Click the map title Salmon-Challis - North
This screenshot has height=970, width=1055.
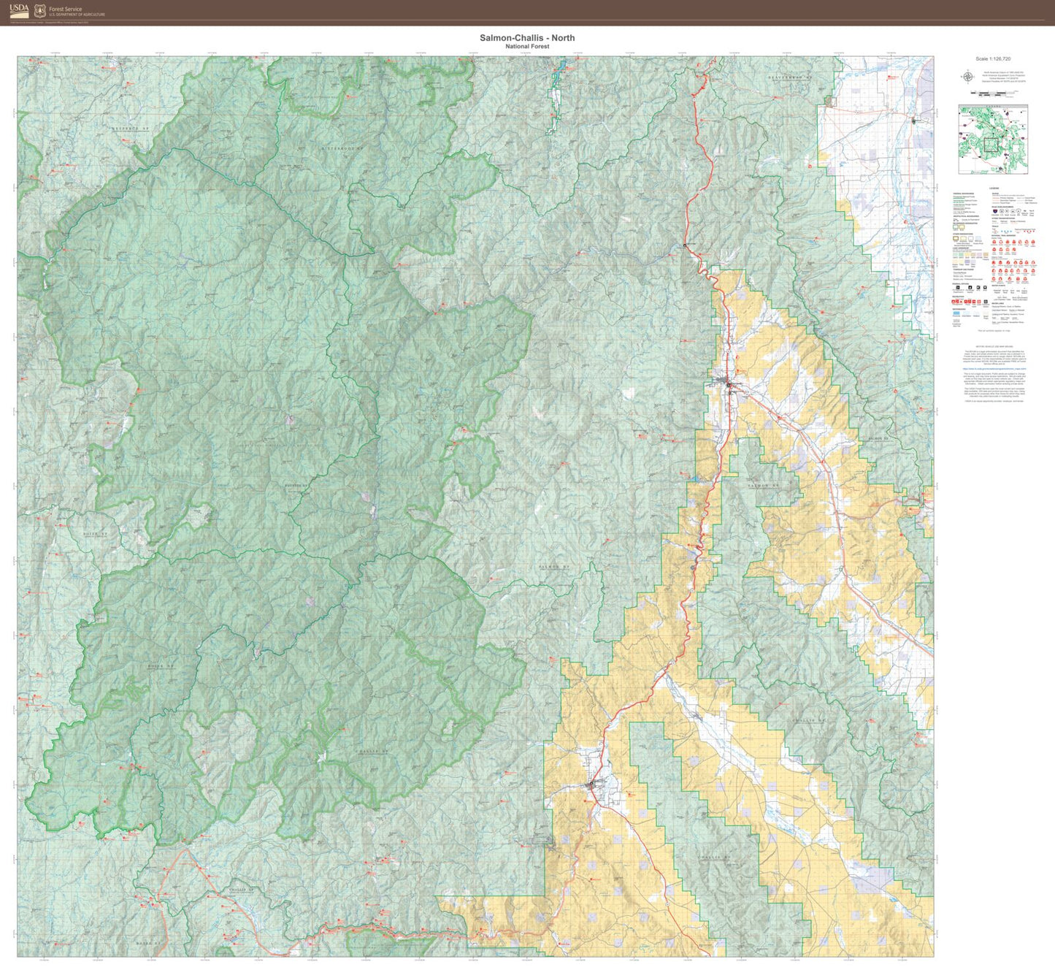[527, 37]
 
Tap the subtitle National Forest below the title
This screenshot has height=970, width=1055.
[527, 47]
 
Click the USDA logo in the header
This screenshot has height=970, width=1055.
[20, 10]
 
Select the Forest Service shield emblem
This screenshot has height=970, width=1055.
[40, 10]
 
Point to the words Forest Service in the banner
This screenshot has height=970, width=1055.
[66, 9]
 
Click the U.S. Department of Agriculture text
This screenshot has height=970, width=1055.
[77, 15]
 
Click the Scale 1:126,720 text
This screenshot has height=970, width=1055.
[993, 58]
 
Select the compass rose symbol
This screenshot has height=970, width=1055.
[967, 76]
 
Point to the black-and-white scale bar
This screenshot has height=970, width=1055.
[993, 93]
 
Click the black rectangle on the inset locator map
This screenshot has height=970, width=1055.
[991, 144]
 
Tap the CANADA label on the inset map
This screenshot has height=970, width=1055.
[993, 107]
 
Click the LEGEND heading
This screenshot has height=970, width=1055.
[993, 188]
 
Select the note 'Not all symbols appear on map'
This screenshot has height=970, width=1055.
[993, 331]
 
